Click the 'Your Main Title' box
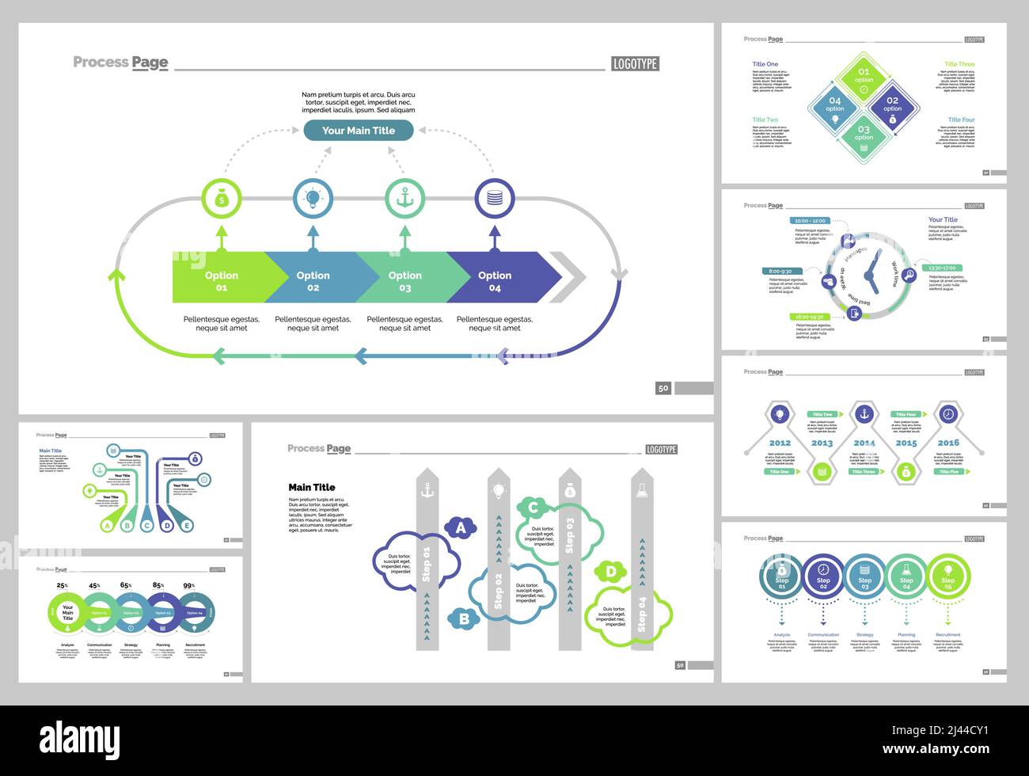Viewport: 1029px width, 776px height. pyautogui.click(x=358, y=131)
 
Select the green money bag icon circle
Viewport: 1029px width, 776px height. pyautogui.click(x=222, y=199)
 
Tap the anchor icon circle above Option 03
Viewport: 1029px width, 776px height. pyautogui.click(x=404, y=199)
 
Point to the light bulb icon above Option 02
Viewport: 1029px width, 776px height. pyautogui.click(x=313, y=199)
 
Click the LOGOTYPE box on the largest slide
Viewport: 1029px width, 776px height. pyautogui.click(x=635, y=64)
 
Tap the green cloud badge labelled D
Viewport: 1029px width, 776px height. pyautogui.click(x=610, y=571)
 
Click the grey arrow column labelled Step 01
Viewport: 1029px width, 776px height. pyautogui.click(x=427, y=570)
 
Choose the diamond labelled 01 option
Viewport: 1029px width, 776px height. pyautogui.click(x=864, y=76)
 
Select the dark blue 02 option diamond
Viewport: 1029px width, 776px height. pyautogui.click(x=892, y=105)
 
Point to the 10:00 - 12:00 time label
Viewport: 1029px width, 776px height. pyautogui.click(x=809, y=221)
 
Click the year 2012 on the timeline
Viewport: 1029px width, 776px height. pyautogui.click(x=780, y=443)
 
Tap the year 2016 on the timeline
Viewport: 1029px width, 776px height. pyautogui.click(x=948, y=443)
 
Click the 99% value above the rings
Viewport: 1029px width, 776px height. pyautogui.click(x=189, y=586)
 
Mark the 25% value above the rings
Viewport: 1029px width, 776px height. pyautogui.click(x=62, y=586)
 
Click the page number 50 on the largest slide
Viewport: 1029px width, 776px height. pyautogui.click(x=663, y=388)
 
